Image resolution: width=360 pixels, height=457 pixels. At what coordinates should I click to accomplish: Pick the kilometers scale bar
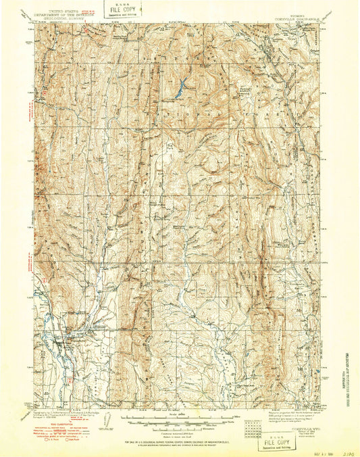[x=177, y=427]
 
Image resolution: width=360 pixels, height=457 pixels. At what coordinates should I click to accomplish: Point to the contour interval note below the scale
[x=177, y=433]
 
